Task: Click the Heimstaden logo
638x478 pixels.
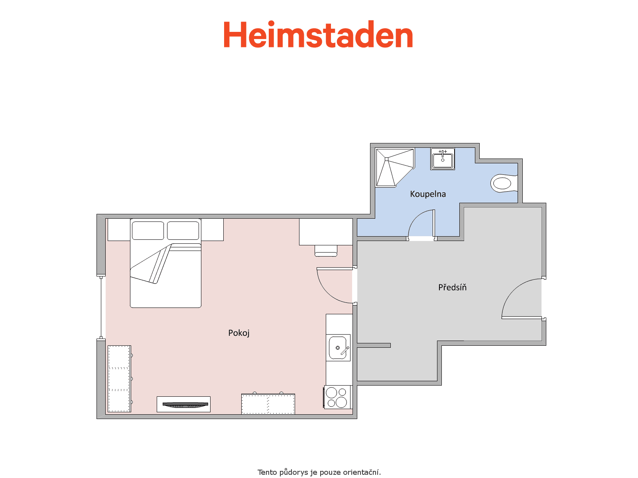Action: click(318, 35)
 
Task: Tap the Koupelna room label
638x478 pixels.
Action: click(428, 194)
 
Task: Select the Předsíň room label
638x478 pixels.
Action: click(452, 287)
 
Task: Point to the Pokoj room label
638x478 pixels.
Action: click(239, 333)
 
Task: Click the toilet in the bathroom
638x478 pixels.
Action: click(503, 183)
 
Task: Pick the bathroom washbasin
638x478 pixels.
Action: click(443, 159)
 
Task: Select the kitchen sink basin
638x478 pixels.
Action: click(338, 348)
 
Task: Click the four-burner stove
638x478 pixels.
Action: click(337, 397)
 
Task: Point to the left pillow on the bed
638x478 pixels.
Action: click(148, 231)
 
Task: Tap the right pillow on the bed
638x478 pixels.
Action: click(183, 231)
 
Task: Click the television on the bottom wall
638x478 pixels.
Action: click(183, 405)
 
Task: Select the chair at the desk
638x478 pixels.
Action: click(326, 251)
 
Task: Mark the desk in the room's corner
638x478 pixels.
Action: click(326, 231)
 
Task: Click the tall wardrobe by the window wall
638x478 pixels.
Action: click(119, 378)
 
